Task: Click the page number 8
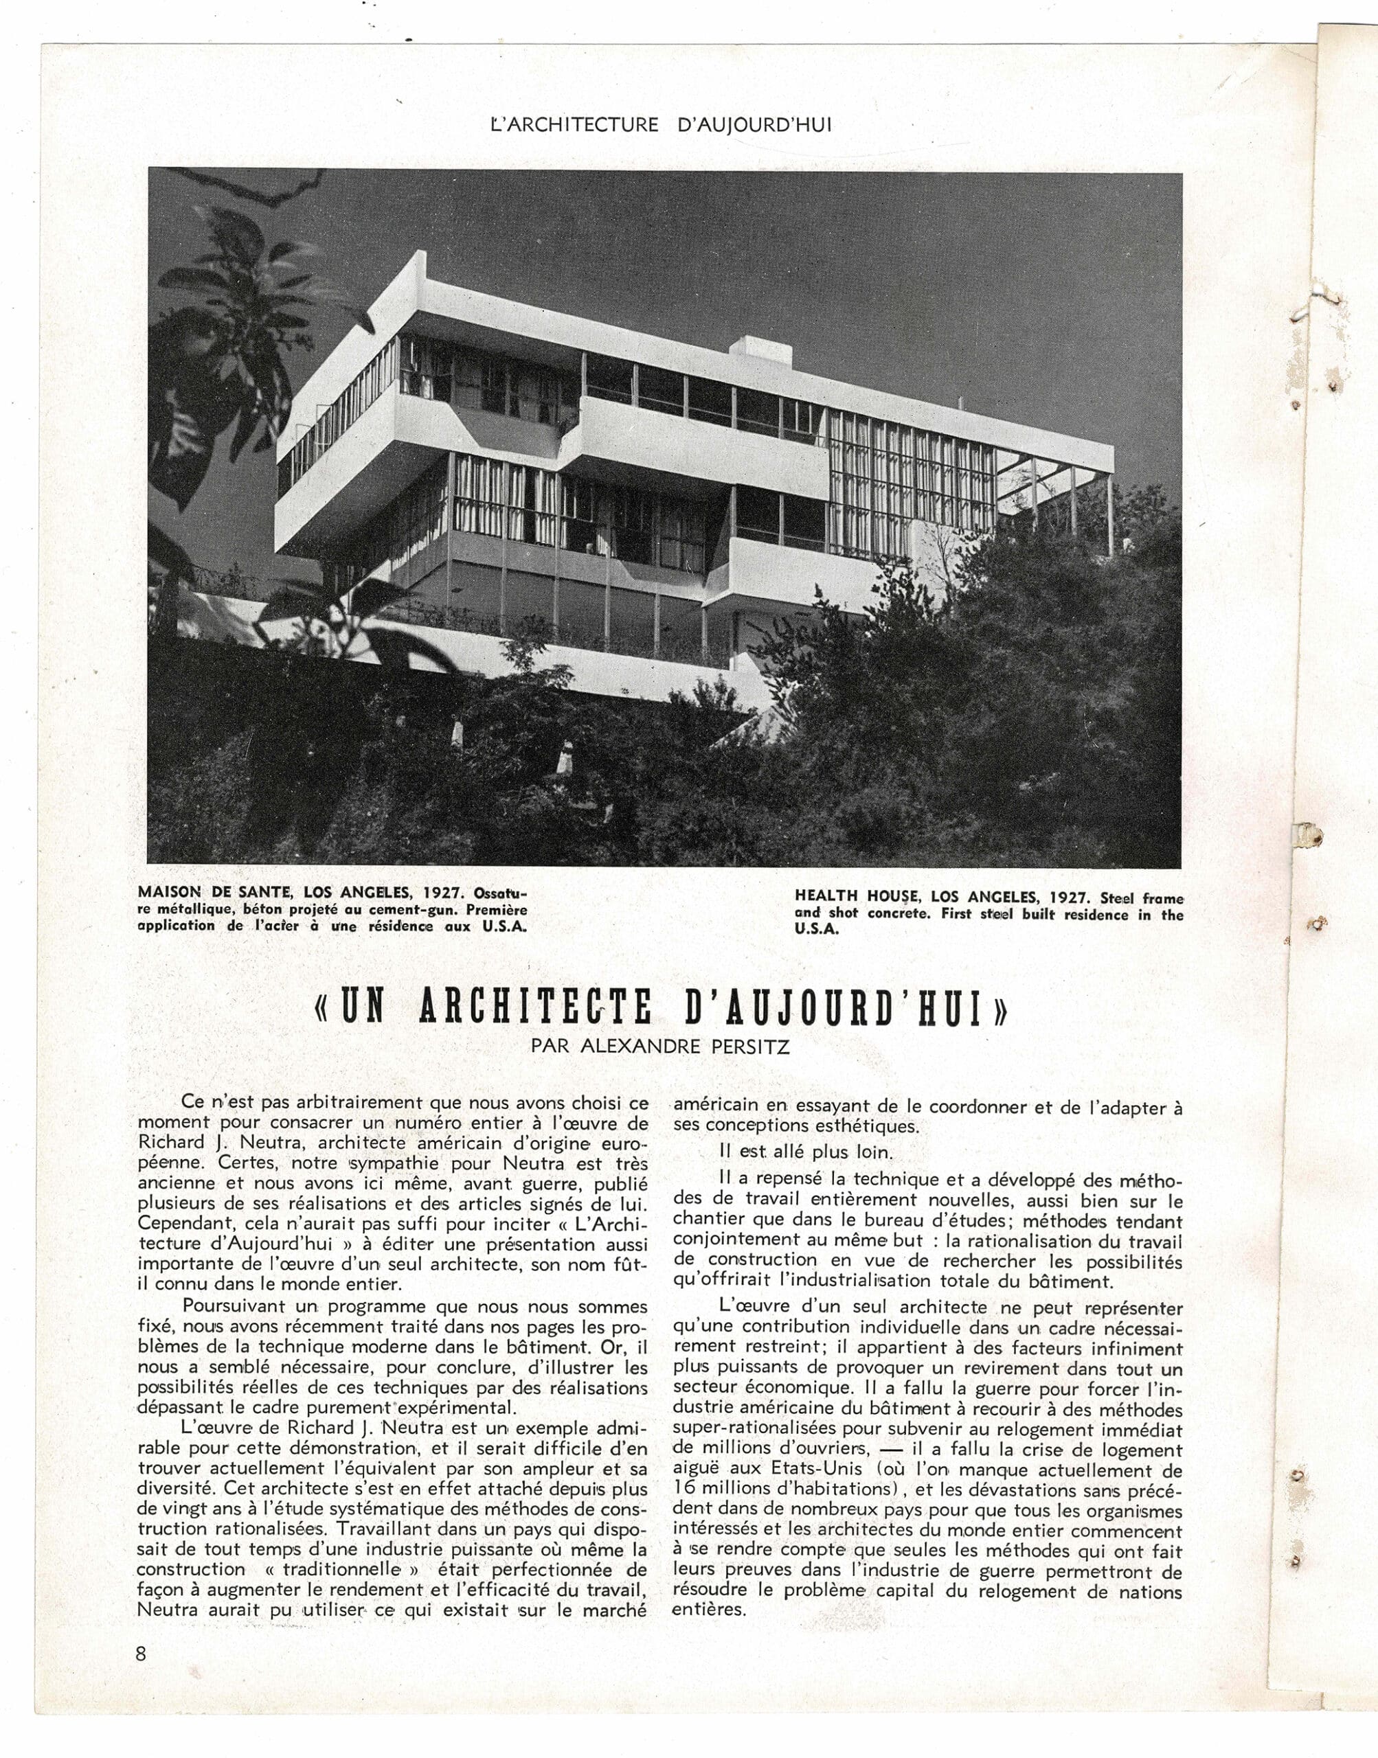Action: coord(142,1653)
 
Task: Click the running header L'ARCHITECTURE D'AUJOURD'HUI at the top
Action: coord(661,125)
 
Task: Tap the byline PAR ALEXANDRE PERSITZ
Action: coord(661,1046)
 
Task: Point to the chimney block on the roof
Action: coord(753,347)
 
